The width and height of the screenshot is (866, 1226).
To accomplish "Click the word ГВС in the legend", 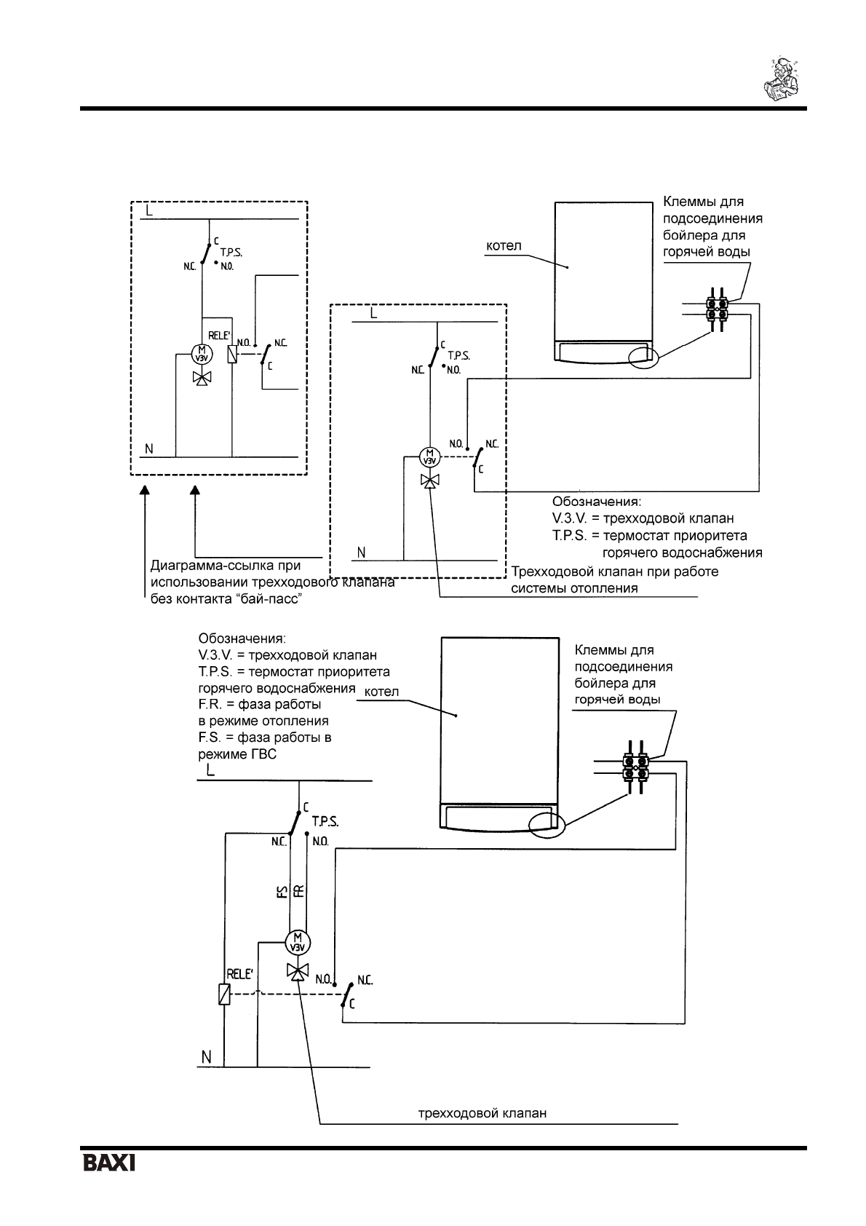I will click(261, 755).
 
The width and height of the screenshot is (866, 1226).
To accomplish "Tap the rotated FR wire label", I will click(298, 891).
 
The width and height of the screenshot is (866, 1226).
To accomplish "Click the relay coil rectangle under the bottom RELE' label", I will click(225, 994).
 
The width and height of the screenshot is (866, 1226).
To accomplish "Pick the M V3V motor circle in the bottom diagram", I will click(296, 941).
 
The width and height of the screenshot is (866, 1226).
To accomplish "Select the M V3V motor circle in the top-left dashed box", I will click(200, 355).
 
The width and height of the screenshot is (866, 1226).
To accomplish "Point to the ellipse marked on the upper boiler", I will click(643, 357).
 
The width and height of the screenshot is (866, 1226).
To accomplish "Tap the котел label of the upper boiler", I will click(504, 247).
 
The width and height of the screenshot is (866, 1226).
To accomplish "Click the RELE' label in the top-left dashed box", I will click(219, 336).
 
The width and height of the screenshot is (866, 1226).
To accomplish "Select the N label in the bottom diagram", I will click(206, 1056).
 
